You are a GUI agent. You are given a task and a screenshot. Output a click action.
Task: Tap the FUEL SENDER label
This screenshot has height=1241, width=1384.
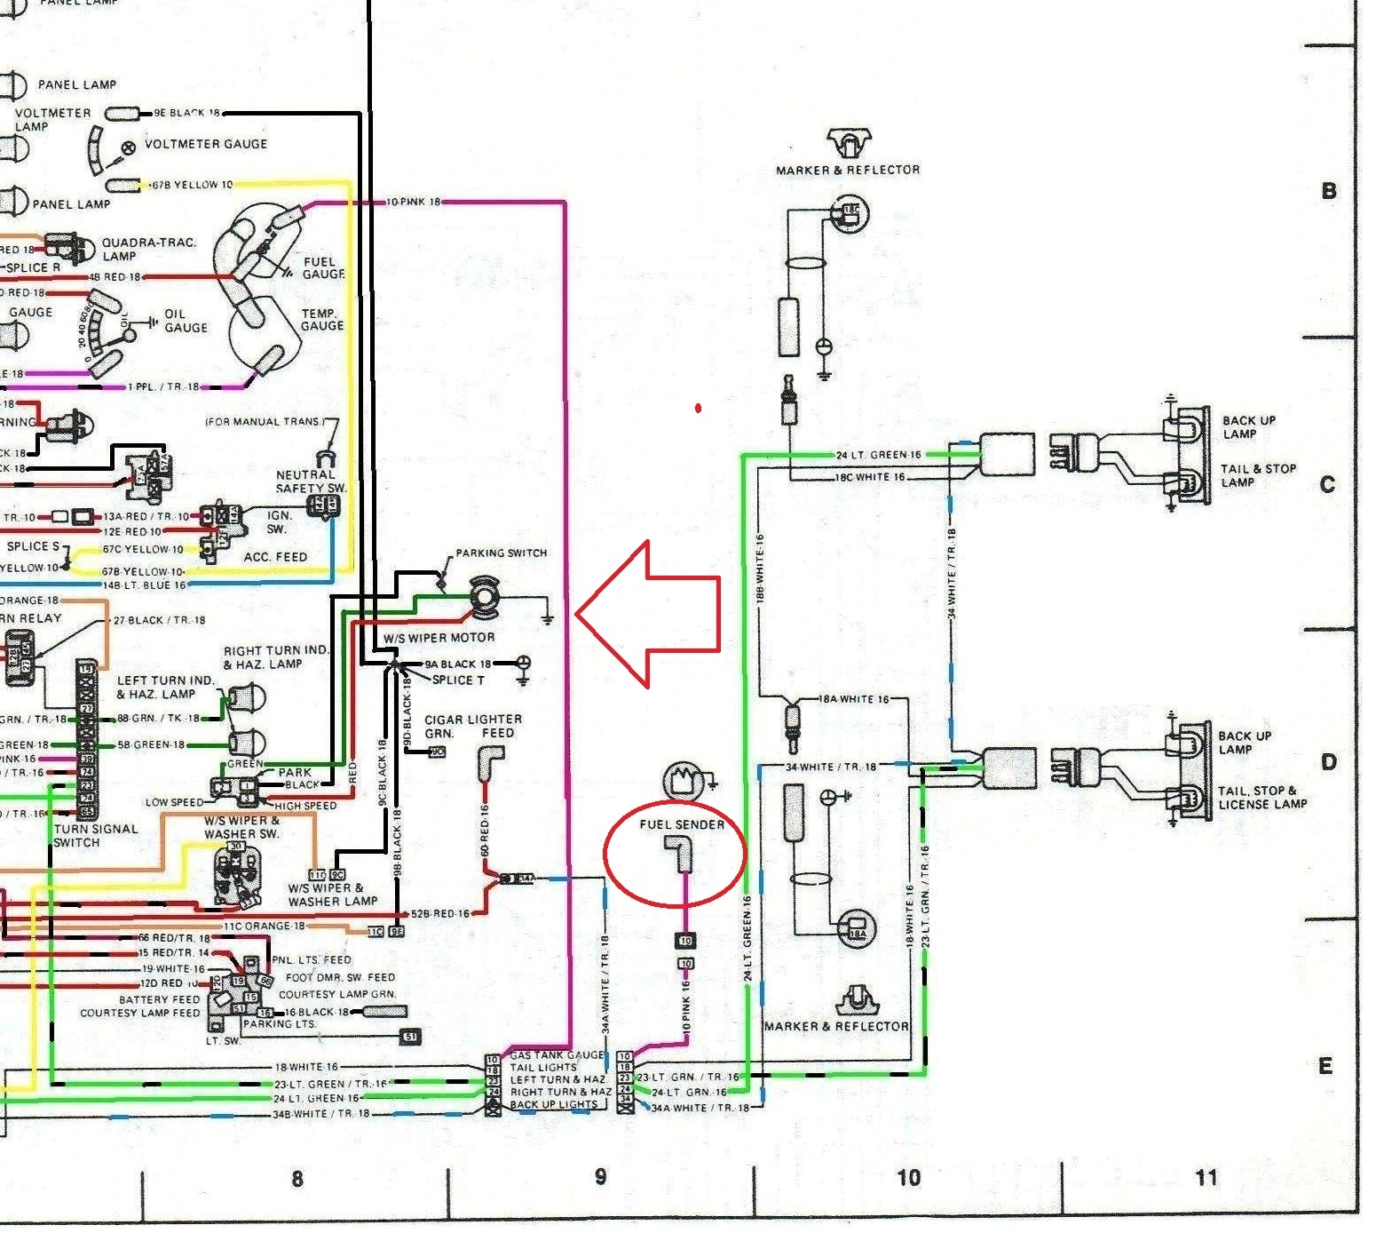681,824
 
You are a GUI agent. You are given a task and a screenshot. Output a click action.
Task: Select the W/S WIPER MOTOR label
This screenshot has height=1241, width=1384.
439,638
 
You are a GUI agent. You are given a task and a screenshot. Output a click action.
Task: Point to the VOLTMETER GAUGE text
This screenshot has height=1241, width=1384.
205,144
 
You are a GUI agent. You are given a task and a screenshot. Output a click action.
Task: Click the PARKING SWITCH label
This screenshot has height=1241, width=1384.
501,553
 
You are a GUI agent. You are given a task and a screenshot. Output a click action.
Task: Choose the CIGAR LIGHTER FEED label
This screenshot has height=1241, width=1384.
472,726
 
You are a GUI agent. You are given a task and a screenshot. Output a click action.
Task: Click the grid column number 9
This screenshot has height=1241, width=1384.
601,1177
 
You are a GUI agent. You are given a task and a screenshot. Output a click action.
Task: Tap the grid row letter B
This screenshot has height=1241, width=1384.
1328,191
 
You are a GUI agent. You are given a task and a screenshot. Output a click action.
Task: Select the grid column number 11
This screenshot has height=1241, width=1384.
1206,1178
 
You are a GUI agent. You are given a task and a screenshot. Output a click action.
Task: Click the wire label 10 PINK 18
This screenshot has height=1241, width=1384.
413,203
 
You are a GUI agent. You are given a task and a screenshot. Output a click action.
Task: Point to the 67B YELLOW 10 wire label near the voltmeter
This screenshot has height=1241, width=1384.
192,185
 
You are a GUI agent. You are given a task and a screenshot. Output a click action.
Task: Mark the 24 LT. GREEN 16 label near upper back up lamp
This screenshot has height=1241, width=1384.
878,455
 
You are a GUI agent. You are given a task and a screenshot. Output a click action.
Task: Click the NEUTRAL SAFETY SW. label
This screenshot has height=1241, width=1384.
310,481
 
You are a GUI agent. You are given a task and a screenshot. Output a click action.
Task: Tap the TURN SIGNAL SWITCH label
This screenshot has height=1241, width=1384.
95,835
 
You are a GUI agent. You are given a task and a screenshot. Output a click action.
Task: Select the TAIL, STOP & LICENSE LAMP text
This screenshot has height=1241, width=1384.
1261,797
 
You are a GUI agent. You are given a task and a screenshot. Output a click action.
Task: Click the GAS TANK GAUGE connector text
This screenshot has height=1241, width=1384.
556,1055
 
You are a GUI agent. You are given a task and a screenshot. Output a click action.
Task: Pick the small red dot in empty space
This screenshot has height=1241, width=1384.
699,409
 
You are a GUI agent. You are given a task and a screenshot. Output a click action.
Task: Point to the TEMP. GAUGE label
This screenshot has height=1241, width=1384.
320,320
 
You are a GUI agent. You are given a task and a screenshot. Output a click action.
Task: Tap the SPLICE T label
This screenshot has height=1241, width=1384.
458,680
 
